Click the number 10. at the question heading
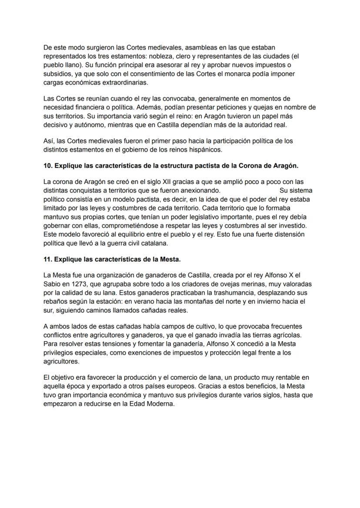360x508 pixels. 48,166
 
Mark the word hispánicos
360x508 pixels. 205,150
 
